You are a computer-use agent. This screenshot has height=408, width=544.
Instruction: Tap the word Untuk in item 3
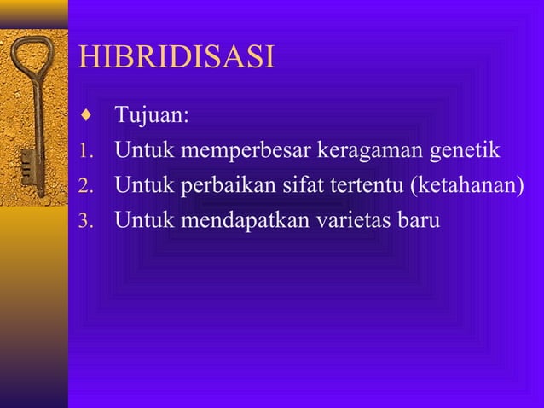[142, 219]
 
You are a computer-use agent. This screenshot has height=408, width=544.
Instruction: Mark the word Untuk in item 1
[142, 151]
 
